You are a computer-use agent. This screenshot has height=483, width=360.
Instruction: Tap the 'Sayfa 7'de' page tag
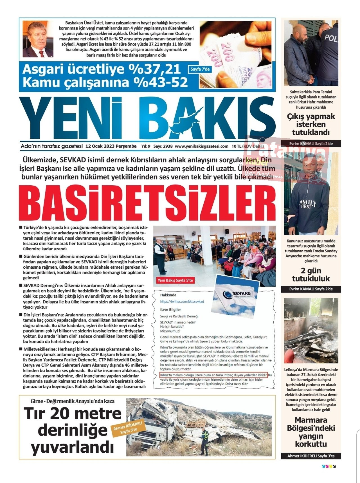(200, 69)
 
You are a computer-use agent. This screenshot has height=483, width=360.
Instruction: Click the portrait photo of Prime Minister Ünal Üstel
(38, 39)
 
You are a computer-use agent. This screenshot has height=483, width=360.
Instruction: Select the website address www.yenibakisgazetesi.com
(201, 146)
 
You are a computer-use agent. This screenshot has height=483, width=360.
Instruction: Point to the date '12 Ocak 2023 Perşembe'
(111, 146)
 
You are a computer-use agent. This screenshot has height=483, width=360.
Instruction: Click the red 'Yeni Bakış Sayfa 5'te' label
(175, 280)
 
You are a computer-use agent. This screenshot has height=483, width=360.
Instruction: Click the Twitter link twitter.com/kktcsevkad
(182, 302)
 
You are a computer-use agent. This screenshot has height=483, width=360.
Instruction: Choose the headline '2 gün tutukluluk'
(311, 275)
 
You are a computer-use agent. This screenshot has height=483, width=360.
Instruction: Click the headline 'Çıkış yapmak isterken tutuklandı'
(311, 124)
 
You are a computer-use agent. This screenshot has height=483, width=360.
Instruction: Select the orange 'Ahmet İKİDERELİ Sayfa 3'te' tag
(128, 428)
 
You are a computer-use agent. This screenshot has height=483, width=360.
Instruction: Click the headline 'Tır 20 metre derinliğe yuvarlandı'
(72, 430)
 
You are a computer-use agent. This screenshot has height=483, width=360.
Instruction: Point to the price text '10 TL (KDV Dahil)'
(247, 146)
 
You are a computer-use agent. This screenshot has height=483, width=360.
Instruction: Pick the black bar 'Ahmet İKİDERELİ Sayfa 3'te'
(311, 456)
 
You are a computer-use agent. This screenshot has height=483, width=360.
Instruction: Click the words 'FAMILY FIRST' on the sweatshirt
(308, 204)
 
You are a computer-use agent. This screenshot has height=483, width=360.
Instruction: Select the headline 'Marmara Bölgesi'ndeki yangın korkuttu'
(311, 432)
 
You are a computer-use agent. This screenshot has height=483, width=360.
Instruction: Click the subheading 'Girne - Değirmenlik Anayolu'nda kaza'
(73, 401)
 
